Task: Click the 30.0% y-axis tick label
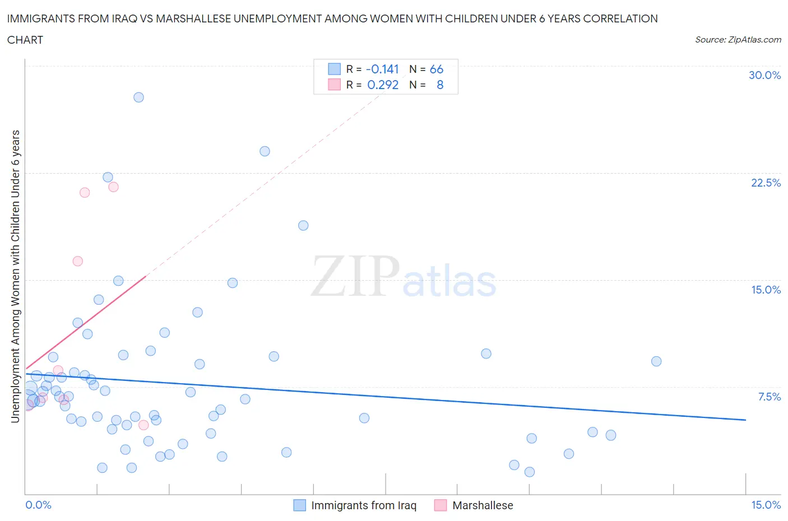(x=764, y=75)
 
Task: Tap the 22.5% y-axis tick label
(x=766, y=183)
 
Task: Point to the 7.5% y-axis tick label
(x=769, y=397)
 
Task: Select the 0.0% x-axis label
(x=38, y=505)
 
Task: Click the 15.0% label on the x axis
(x=766, y=505)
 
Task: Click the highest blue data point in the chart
(x=138, y=97)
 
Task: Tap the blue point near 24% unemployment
(x=265, y=151)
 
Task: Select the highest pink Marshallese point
(x=113, y=187)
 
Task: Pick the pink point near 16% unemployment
(x=78, y=261)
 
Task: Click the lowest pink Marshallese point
(x=143, y=425)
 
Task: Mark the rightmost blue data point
(x=656, y=361)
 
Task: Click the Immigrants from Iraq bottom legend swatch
(x=300, y=505)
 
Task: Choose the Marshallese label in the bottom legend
(x=483, y=505)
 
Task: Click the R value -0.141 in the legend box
(x=382, y=69)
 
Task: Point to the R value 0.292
(x=383, y=85)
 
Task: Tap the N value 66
(x=436, y=69)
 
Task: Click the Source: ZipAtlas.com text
(x=738, y=40)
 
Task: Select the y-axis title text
(x=16, y=276)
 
